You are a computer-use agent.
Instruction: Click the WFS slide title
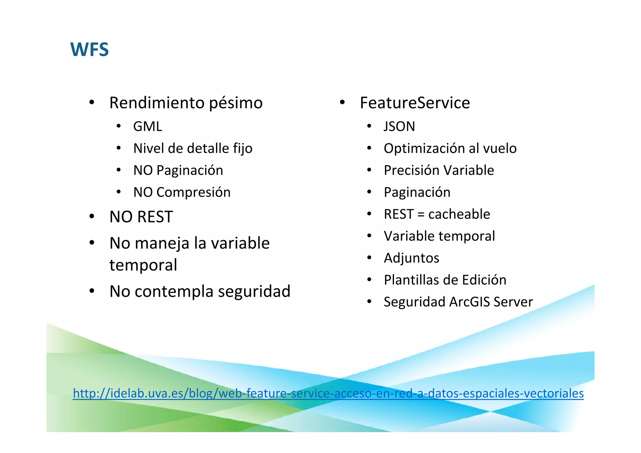point(90,49)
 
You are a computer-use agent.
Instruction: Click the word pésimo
point(236,103)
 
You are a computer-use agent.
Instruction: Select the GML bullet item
point(147,126)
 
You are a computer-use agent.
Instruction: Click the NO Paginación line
point(178,170)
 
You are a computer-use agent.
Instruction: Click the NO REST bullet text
point(141,217)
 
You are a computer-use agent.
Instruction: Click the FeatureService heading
point(414,103)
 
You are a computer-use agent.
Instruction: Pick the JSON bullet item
point(399,126)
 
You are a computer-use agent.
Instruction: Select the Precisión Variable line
point(438,170)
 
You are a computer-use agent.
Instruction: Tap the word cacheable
point(459,214)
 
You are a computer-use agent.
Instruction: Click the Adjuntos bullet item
point(411,258)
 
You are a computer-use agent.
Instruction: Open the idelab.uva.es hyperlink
point(328,393)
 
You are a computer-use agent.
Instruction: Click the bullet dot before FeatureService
point(342,102)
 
